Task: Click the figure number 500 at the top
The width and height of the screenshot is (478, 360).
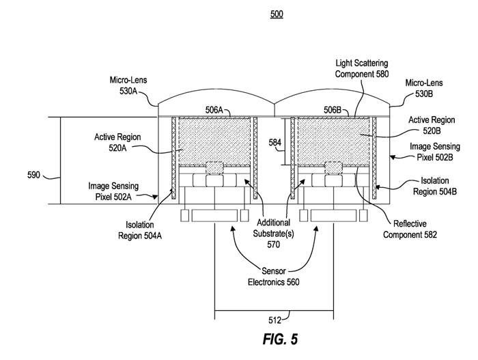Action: click(x=277, y=14)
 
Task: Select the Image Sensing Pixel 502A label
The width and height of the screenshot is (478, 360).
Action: click(x=109, y=191)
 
